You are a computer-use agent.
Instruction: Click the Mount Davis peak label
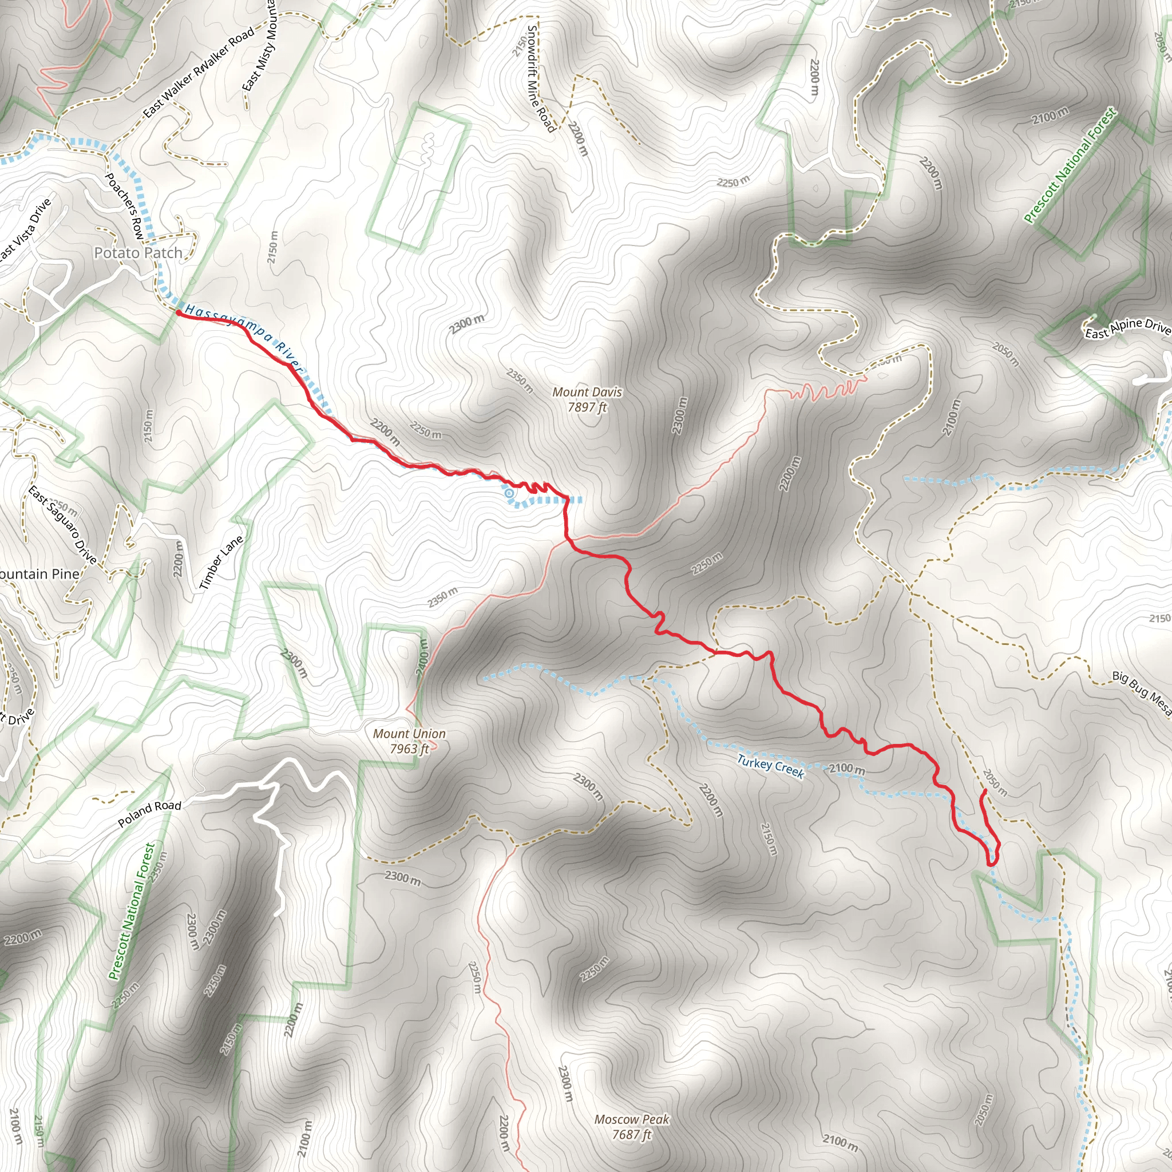coord(587,400)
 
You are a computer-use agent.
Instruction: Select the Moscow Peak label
coord(632,1126)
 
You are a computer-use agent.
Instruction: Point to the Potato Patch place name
coord(138,253)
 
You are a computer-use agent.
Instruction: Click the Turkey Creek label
coord(770,766)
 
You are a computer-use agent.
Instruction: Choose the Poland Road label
coord(149,814)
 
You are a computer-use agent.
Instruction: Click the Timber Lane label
coord(221,563)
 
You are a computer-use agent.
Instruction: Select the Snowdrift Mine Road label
coord(540,78)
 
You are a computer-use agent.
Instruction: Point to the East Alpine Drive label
coord(1127,330)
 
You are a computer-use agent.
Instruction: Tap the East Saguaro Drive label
coord(62,525)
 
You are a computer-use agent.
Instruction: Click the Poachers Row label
coord(124,204)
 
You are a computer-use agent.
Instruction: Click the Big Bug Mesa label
coord(1141,695)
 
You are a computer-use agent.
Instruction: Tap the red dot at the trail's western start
coord(179,312)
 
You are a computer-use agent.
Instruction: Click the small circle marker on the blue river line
coord(509,494)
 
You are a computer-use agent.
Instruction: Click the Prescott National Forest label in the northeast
coord(1070,165)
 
